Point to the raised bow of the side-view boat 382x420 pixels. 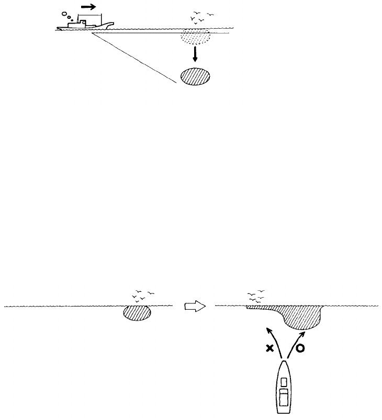pyautogui.click(x=108, y=24)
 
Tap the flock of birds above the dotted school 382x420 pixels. pyautogui.click(x=199, y=18)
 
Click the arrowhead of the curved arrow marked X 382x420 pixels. pyautogui.click(x=269, y=330)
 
